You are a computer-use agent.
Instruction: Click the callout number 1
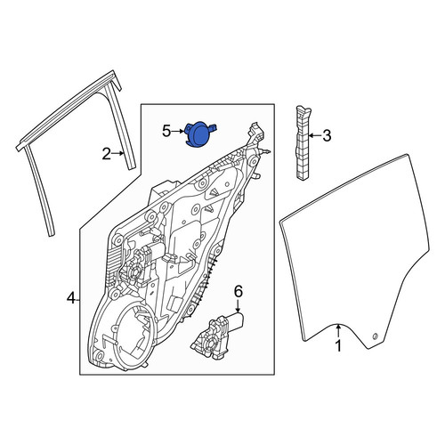tap(338, 346)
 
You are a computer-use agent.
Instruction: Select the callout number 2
tap(107, 154)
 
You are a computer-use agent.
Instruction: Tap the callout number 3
tap(327, 136)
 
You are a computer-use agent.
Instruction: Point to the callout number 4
tap(71, 298)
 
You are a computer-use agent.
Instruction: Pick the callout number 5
tap(166, 131)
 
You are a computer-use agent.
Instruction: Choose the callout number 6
tap(239, 291)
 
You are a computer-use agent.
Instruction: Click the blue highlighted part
tap(199, 134)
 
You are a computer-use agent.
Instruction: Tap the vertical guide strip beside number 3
tap(303, 142)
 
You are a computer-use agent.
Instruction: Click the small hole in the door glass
tap(375, 336)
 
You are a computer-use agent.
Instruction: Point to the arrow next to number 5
tap(178, 131)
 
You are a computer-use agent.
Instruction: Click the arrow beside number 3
tap(315, 136)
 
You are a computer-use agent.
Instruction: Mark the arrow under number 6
tap(239, 305)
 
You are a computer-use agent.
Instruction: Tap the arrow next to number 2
tap(118, 153)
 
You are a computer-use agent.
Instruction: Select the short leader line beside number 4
tap(77, 301)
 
